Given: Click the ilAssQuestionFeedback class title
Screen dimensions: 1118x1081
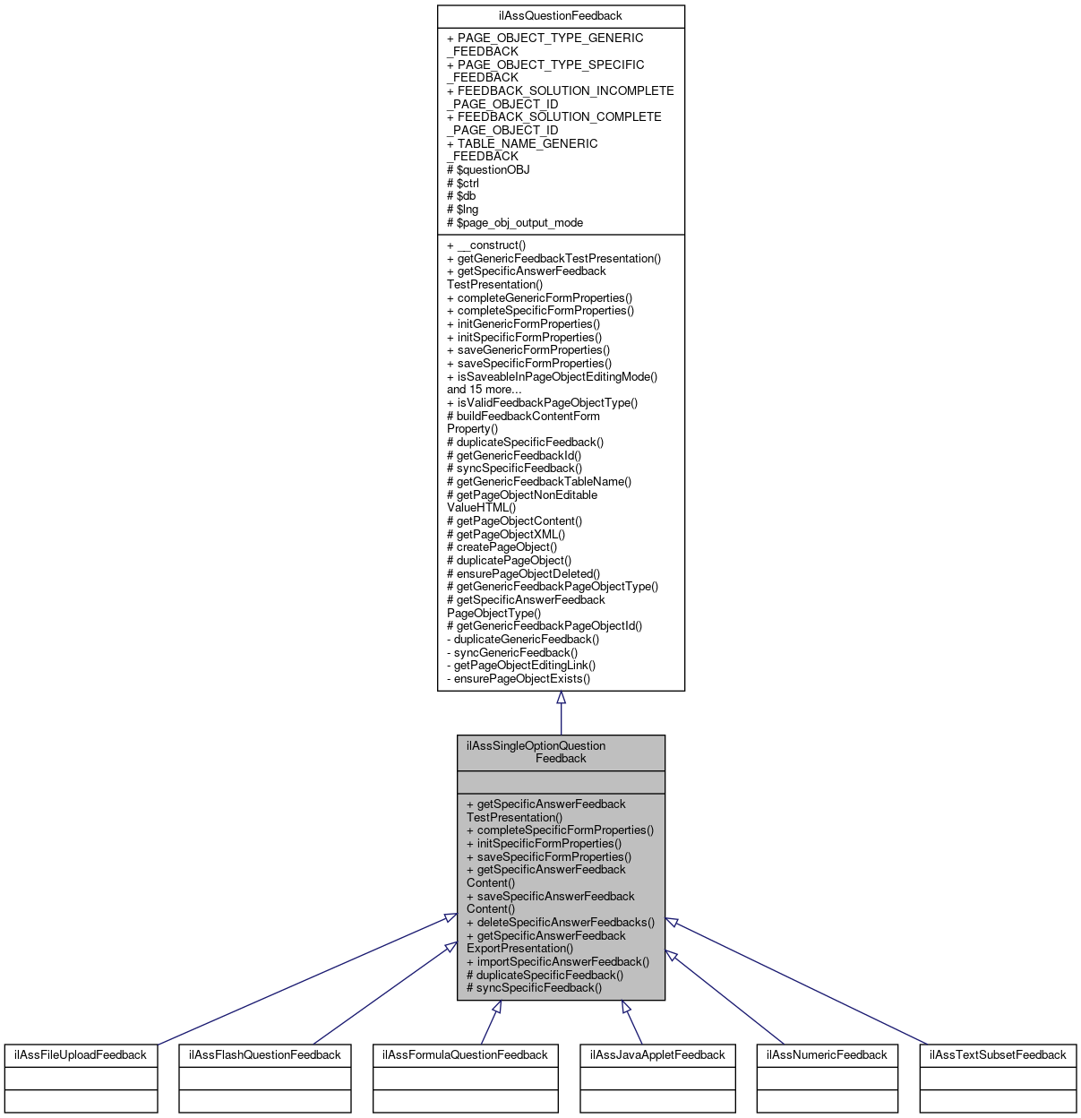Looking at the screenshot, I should click(561, 16).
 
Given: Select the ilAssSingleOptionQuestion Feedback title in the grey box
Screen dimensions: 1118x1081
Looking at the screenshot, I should click(561, 752).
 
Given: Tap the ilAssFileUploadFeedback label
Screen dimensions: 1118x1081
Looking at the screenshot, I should click(81, 1054).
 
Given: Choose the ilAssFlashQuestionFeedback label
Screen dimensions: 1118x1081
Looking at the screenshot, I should click(265, 1054).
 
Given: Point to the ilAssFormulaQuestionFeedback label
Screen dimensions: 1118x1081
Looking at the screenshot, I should click(466, 1054).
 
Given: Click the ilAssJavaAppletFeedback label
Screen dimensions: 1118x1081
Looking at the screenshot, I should click(657, 1054).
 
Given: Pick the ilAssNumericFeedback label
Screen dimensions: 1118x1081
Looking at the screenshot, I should click(827, 1054).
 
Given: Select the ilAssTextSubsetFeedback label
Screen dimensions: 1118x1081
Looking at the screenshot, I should click(998, 1054).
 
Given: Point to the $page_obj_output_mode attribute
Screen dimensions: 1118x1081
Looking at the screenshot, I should click(515, 222).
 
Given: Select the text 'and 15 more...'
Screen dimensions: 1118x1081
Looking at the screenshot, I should click(485, 389).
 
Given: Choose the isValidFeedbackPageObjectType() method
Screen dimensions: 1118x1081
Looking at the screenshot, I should click(543, 402).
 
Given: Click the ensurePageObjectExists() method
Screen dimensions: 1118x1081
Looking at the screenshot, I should click(519, 678).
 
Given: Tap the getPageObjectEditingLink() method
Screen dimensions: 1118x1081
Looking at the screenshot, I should click(521, 665).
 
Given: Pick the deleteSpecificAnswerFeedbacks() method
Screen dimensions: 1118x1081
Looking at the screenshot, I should click(561, 922).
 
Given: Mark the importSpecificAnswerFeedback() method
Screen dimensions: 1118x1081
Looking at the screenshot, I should click(558, 961).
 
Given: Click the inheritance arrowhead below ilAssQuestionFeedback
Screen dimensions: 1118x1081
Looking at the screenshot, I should click(561, 698).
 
